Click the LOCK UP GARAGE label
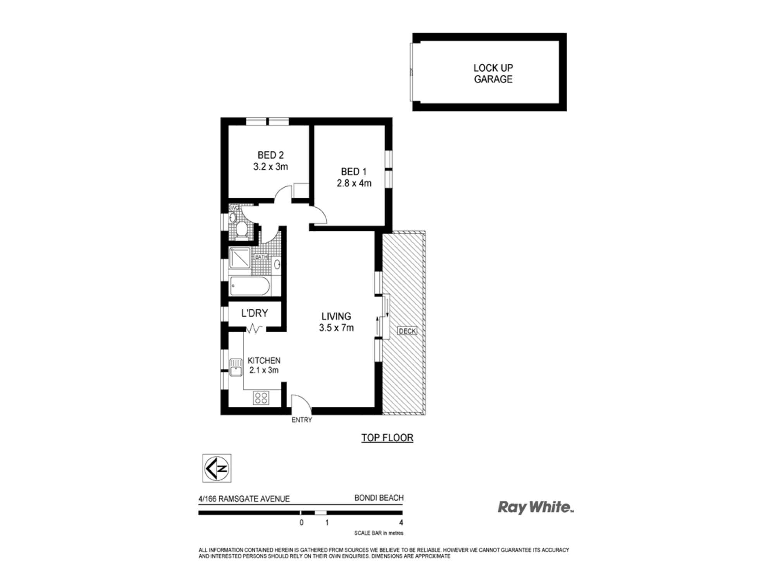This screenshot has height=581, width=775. pyautogui.click(x=493, y=74)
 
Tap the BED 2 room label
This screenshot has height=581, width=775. pyautogui.click(x=270, y=155)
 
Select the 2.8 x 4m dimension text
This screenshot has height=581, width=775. pyautogui.click(x=354, y=183)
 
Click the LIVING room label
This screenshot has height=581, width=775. pyautogui.click(x=336, y=316)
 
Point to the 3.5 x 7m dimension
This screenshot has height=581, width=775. pyautogui.click(x=336, y=328)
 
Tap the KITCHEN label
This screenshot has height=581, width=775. pyautogui.click(x=264, y=360)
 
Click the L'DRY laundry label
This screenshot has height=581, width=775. pyautogui.click(x=255, y=313)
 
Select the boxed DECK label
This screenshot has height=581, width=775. pyautogui.click(x=407, y=331)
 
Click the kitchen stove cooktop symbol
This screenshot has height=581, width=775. pyautogui.click(x=261, y=398)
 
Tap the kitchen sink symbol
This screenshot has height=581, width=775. pyautogui.click(x=236, y=367)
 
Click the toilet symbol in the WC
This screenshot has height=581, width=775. pyautogui.click(x=242, y=229)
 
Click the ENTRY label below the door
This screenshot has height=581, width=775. pyautogui.click(x=301, y=420)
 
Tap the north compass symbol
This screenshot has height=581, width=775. pyautogui.click(x=217, y=468)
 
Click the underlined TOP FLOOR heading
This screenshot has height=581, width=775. pyautogui.click(x=387, y=438)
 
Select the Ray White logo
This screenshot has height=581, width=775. pyautogui.click(x=535, y=507)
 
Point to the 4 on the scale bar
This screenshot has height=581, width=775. pyautogui.click(x=401, y=523)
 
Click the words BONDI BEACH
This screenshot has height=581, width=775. pyautogui.click(x=379, y=498)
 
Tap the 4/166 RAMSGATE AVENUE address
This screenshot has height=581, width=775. pyautogui.click(x=244, y=499)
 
